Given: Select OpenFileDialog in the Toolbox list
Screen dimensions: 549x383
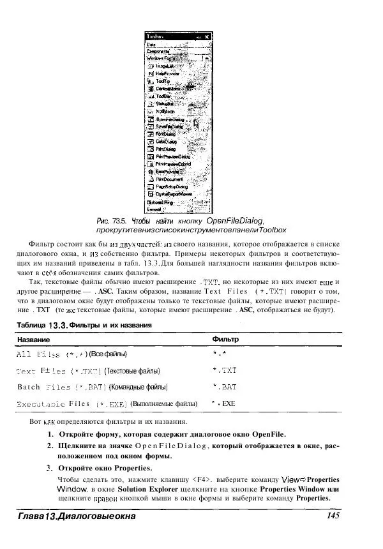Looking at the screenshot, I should pyautogui.click(x=170, y=119).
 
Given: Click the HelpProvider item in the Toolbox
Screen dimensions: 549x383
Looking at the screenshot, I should pyautogui.click(x=168, y=74).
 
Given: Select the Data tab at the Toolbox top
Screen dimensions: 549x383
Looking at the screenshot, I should pyautogui.click(x=151, y=45).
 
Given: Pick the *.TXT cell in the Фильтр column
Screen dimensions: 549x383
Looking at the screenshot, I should pyautogui.click(x=224, y=370).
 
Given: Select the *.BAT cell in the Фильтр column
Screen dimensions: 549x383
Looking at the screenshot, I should pyautogui.click(x=224, y=387).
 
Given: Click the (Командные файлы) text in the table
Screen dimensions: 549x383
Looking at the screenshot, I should pyautogui.click(x=138, y=387).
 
